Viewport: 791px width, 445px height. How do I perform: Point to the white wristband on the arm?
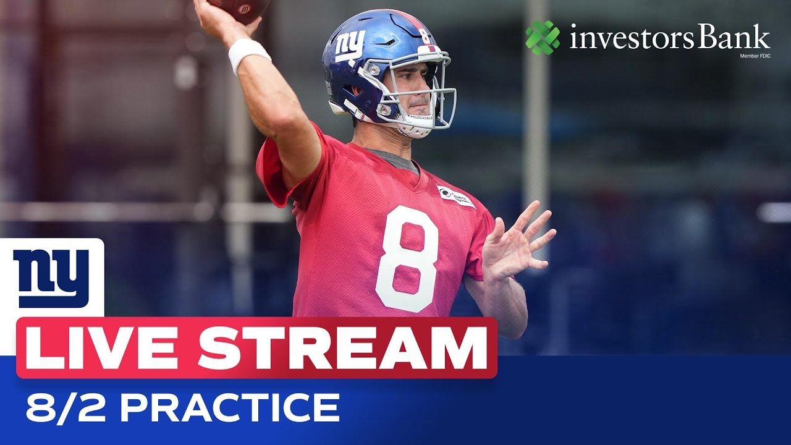[x=249, y=54]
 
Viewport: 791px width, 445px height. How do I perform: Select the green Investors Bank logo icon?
[x=543, y=38]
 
